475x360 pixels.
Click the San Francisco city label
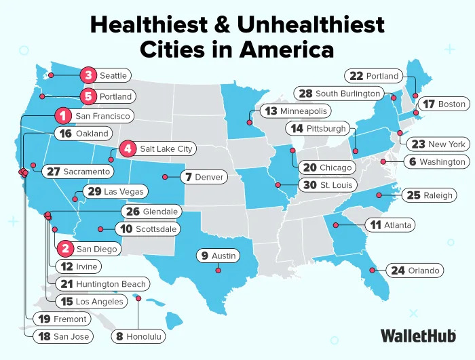[102, 116]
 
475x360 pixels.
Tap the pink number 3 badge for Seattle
[88, 75]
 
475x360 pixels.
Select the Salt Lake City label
[166, 148]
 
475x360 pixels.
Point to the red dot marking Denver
[164, 177]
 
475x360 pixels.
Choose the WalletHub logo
[418, 335]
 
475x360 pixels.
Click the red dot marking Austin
[218, 271]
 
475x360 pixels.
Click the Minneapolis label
[303, 111]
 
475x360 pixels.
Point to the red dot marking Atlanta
[336, 224]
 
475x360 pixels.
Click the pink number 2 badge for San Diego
[65, 249]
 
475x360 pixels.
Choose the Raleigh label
[438, 195]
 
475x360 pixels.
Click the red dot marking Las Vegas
[75, 199]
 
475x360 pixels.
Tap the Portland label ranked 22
[383, 75]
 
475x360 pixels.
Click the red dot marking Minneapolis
[249, 123]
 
